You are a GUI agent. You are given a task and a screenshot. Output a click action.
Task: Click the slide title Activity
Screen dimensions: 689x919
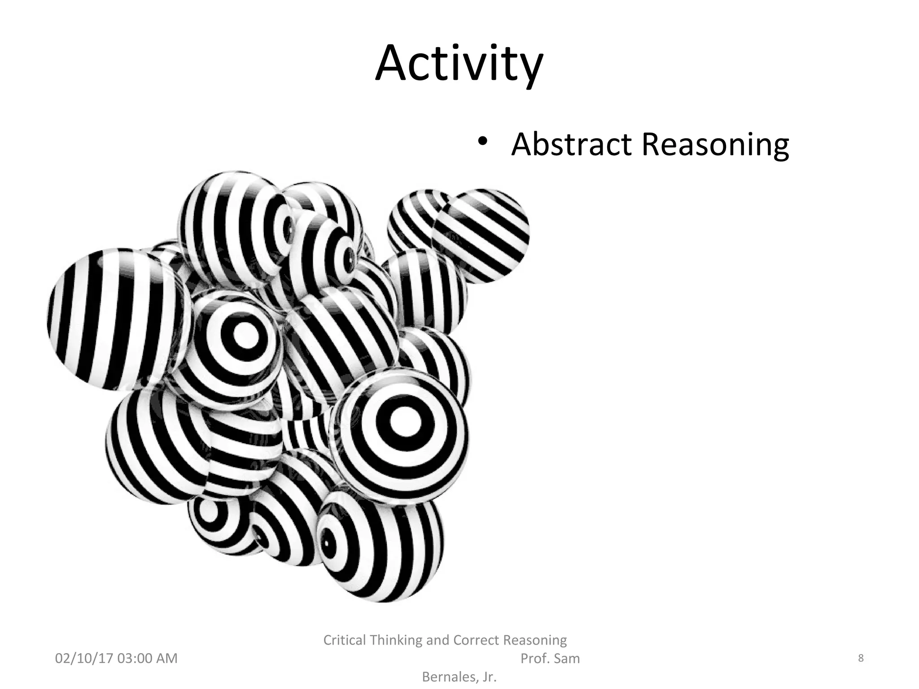point(459,64)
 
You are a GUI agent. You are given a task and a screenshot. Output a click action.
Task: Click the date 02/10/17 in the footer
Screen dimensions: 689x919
point(83,658)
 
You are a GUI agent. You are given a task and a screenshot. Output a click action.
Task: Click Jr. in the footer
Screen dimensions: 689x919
point(487,677)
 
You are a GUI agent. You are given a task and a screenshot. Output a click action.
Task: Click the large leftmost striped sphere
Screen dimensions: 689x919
point(114,318)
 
